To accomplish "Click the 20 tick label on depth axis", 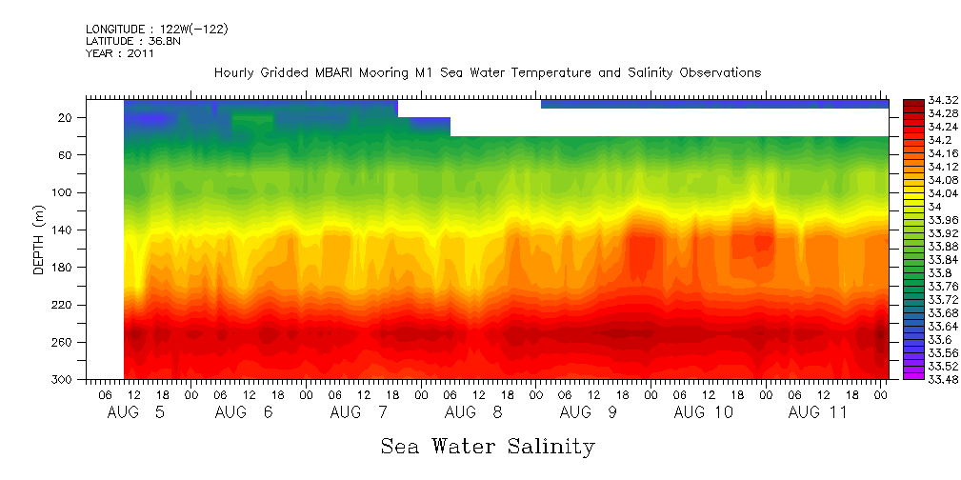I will [67, 118].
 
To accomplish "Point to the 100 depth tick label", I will [64, 192].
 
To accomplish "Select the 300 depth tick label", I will [64, 380].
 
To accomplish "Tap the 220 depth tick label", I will [64, 305].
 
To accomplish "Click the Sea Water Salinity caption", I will [488, 447].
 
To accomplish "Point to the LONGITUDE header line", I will [157, 30].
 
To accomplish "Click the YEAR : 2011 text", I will [120, 53].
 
